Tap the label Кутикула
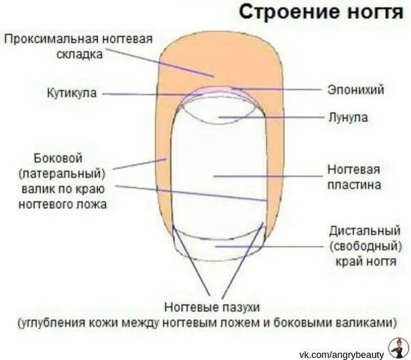pos(72,92)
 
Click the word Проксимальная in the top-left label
pos(51,39)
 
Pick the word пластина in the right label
pos(353,184)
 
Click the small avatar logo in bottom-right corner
pos(397,348)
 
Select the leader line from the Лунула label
pos(272,118)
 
